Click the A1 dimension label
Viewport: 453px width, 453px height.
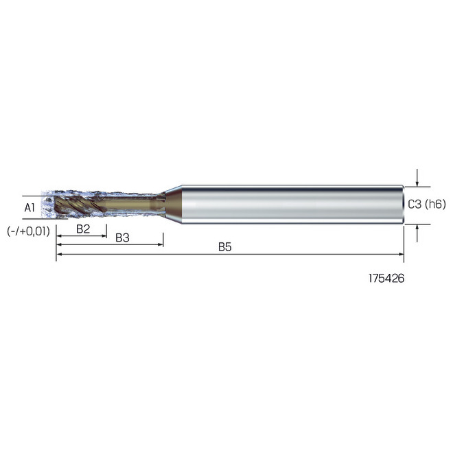tap(29, 207)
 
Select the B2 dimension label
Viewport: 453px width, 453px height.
tap(83, 229)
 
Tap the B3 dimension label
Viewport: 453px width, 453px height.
tap(123, 237)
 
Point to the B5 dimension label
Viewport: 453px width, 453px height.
tap(224, 247)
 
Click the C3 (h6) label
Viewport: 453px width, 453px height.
tap(427, 204)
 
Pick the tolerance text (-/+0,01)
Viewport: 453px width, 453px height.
tap(28, 231)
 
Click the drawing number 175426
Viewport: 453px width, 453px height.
tap(386, 280)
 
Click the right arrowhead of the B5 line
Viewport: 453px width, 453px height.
tap(401, 255)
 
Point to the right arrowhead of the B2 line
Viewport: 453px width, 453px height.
tap(104, 236)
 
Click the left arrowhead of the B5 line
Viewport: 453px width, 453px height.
tap(59, 255)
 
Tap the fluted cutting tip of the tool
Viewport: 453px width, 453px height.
tap(79, 205)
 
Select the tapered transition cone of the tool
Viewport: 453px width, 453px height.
tap(173, 204)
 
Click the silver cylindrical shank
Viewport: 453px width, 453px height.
tap(288, 204)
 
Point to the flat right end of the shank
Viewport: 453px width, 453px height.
tap(403, 204)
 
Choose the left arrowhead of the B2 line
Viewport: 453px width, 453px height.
tap(59, 236)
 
